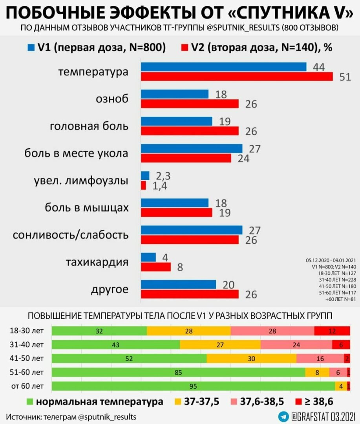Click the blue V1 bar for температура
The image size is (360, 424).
coord(224,67)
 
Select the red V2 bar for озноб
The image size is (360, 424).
coord(190,104)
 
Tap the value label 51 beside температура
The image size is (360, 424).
coord(345,77)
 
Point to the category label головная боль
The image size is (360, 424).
coord(89,126)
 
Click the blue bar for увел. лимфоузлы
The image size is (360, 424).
coord(145,175)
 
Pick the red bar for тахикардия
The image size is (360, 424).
coord(156,267)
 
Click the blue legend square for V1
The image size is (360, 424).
coord(32,48)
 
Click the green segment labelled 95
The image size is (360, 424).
coord(193,386)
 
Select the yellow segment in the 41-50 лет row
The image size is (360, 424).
coord(251,358)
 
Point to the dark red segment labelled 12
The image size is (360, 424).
coord(332,331)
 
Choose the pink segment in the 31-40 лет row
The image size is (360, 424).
coord(296,345)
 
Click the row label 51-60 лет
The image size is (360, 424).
coord(27,372)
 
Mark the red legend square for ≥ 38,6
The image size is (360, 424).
coord(299,402)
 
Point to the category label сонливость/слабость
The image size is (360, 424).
coord(71,235)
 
